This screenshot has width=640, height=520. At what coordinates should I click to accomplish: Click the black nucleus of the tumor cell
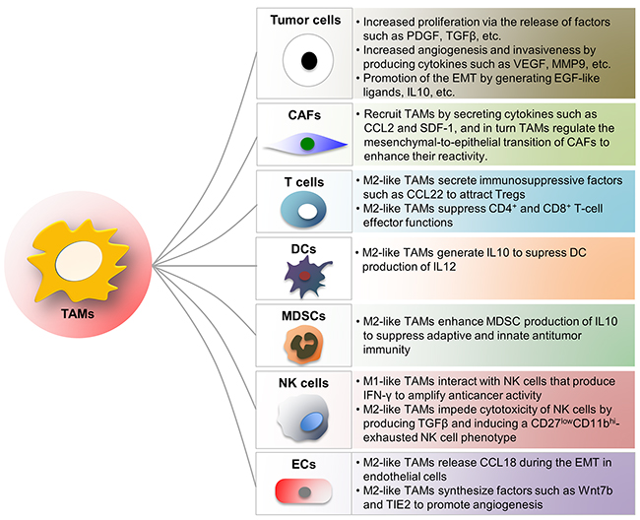tap(308, 61)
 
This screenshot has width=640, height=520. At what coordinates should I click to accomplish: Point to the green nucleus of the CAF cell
tap(308, 145)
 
